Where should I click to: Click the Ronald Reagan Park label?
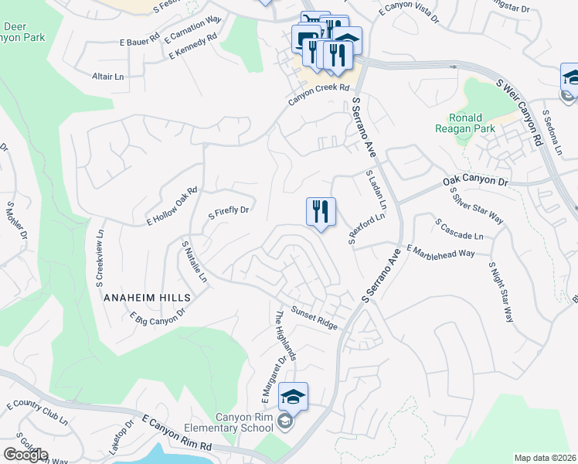point(470,124)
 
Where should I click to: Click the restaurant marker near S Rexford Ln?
point(321,210)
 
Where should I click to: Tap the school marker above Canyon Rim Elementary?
point(293,397)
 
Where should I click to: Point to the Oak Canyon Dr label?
point(476,182)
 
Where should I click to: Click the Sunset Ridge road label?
point(314,318)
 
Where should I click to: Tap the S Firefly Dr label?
point(229,210)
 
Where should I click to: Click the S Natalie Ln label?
point(195,261)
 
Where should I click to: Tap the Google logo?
point(25,455)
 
